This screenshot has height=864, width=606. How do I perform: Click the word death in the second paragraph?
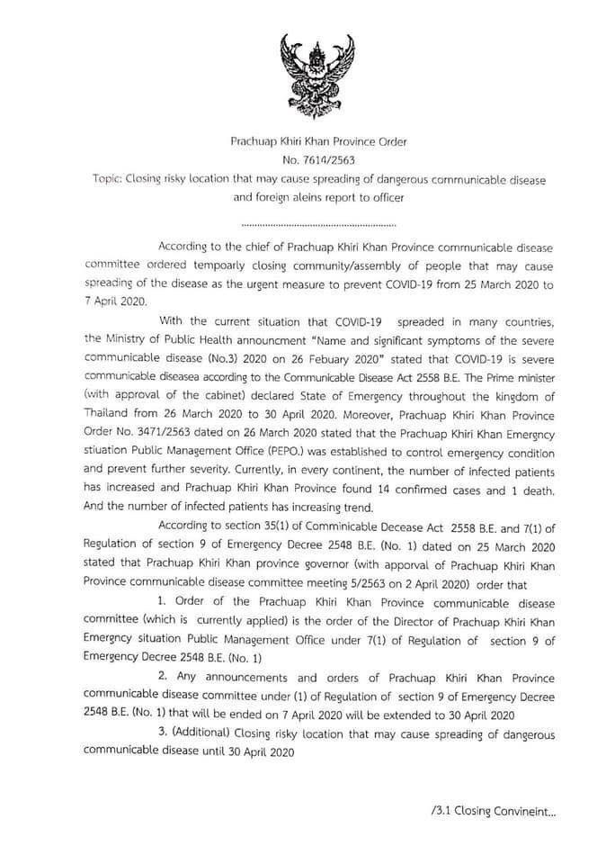pyautogui.click(x=532, y=490)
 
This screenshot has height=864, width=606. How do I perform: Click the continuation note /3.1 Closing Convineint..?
pyautogui.click(x=494, y=810)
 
